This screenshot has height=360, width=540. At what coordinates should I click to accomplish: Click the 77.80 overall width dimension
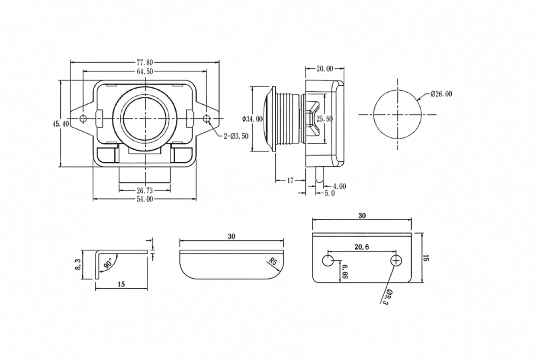point(145,62)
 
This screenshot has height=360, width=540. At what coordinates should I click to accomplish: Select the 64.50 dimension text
point(145,72)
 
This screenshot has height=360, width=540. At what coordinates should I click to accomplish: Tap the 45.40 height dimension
point(61,124)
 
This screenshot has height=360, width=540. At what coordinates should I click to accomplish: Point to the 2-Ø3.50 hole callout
point(236,136)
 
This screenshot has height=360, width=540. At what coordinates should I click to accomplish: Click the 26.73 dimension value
point(145,191)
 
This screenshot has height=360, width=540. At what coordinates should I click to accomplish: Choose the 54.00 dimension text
point(145,199)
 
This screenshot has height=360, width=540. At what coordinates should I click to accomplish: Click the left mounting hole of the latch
point(84,119)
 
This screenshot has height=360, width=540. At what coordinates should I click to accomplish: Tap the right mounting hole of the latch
point(206,119)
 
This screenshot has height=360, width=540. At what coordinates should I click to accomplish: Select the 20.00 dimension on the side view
point(325,69)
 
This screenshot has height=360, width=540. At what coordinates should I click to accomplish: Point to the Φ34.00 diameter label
point(252,119)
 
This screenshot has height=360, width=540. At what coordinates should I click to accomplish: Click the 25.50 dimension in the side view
point(325,119)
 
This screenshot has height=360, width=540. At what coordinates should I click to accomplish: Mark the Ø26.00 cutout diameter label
point(441,94)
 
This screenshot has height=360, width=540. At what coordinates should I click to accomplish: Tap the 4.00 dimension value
point(339,186)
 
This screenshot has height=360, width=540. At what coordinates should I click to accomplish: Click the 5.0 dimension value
point(330,193)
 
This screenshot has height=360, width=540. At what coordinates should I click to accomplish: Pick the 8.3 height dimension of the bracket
point(78,264)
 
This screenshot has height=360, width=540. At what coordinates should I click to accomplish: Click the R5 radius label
point(273,261)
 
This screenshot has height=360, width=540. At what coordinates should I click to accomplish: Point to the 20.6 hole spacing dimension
point(362,247)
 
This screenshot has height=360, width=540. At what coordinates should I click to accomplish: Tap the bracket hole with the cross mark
point(396,260)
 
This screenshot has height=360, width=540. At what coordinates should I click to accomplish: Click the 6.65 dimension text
point(345,272)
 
